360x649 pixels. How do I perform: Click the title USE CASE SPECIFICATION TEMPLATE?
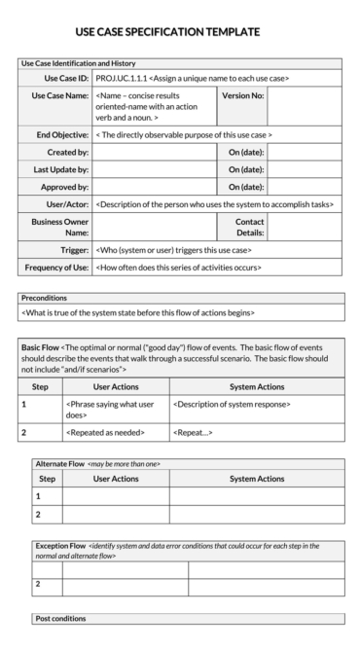[167, 32]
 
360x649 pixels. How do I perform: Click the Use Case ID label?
[66, 78]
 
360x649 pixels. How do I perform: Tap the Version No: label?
[242, 96]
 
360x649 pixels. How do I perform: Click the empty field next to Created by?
[154, 153]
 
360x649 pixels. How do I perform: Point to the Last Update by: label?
[59, 169]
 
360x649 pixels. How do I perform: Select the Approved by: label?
[62, 187]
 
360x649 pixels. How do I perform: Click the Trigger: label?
[73, 249]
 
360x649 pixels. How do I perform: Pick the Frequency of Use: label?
[55, 267]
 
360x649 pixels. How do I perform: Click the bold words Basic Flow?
[40, 345]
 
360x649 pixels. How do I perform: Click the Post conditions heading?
[60, 618]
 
